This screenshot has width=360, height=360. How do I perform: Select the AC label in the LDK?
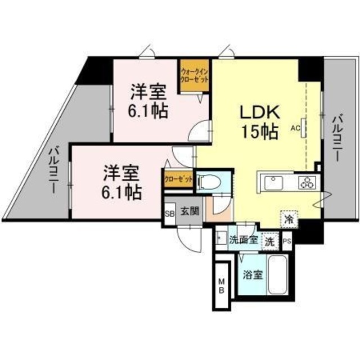[x=294, y=127]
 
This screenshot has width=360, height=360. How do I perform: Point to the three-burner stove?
[x=308, y=182]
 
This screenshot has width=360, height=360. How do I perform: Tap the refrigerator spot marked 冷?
[x=288, y=218]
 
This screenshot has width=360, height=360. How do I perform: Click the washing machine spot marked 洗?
[x=271, y=241]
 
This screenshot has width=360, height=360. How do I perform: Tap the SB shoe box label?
[x=169, y=213]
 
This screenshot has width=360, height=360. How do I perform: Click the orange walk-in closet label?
[x=194, y=75]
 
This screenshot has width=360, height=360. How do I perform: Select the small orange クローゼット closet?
[x=178, y=179]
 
